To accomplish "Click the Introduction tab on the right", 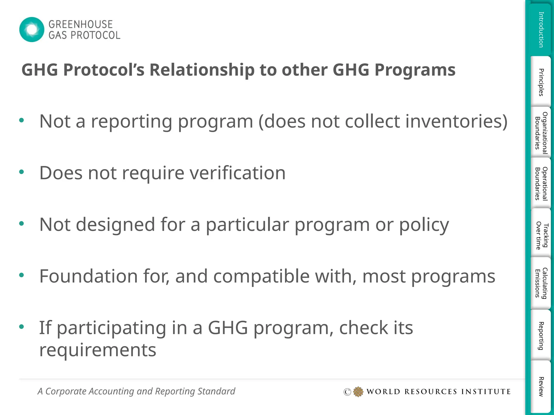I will (541, 29).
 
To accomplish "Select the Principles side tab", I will (541, 82).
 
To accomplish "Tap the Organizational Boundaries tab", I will (541, 132).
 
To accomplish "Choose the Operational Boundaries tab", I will (541, 183).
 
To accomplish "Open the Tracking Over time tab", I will (541, 235).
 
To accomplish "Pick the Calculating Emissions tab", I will (541, 283).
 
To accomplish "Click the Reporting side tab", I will (541, 336).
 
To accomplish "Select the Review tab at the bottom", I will (541, 386).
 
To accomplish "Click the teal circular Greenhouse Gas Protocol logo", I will (32, 29).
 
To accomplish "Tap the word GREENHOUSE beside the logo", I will (80, 24).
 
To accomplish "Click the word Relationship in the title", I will (202, 70).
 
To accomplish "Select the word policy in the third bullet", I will (424, 225).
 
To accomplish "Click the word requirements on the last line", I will (98, 350).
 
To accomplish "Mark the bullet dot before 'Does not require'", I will (22, 172).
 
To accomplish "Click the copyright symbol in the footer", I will (347, 392).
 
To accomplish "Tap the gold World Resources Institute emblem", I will (358, 391).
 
